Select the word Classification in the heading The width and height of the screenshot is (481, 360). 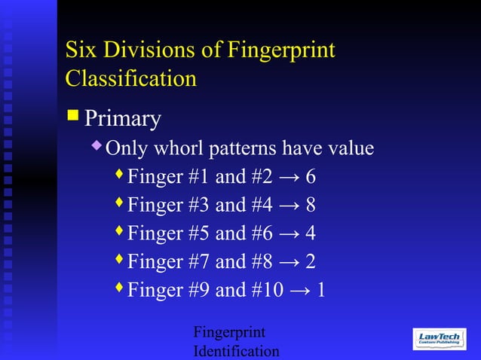(131, 78)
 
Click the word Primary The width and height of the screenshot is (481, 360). (123, 119)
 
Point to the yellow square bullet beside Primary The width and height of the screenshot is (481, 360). (72, 116)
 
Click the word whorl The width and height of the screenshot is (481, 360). (181, 148)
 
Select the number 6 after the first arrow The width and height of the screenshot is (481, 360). (311, 177)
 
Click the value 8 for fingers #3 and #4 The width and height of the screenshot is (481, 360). (311, 205)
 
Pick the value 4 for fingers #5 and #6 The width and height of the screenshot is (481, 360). (311, 233)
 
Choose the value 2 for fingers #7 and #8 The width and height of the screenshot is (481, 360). (311, 261)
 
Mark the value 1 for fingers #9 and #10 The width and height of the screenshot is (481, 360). (322, 290)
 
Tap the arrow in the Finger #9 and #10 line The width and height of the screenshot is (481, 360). (299, 291)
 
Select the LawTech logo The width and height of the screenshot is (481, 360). (440, 339)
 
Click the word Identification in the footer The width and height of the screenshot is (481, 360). (236, 351)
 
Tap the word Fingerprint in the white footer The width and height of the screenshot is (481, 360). (229, 333)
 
